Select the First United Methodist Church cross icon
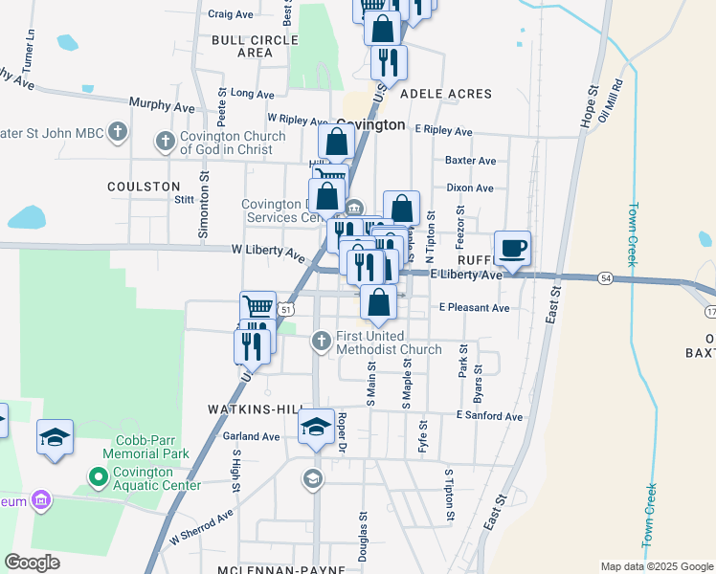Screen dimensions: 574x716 [322, 340]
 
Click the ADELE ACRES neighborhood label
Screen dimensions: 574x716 [446, 94]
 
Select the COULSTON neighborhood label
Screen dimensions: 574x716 [144, 187]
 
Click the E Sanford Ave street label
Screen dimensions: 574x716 [489, 416]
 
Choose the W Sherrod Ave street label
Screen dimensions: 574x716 [201, 528]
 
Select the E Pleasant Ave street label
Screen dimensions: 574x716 [474, 308]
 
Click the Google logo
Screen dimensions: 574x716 [32, 563]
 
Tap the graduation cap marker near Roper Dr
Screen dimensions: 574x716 [316, 427]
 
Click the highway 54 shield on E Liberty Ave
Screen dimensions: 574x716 [606, 277]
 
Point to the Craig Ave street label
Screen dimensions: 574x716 [230, 14]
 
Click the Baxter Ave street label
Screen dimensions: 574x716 [471, 161]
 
